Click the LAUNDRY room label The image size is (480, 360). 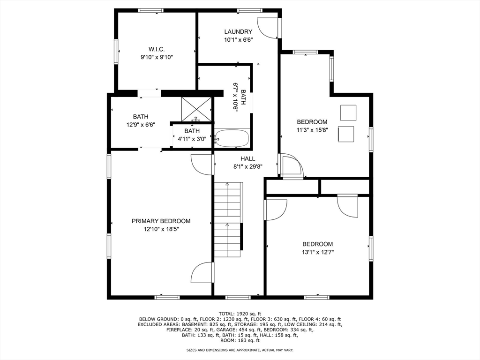pos(238,32)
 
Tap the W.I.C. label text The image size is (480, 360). pos(157,49)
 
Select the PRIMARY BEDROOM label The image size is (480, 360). pos(161,221)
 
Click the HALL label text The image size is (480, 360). pos(248,158)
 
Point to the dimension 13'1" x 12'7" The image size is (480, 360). pos(317,252)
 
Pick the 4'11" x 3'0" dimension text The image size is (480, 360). pos(192,139)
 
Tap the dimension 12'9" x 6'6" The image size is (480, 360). pos(140,125)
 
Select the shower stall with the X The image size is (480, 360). pos(196,109)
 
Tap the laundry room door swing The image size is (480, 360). pos(269,28)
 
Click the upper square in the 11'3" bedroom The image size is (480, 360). pos(348,112)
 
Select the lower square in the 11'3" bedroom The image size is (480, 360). pos(346,134)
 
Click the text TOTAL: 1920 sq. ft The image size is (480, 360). pos(240,314)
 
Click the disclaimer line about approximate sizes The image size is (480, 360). pos(240,350)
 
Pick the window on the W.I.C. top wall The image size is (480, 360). pos(150,10)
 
